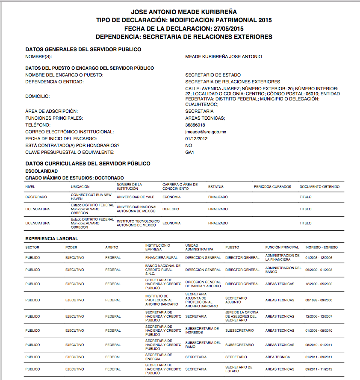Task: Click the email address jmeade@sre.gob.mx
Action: click(x=206, y=132)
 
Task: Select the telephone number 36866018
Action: click(x=195, y=125)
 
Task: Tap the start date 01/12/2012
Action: click(x=196, y=138)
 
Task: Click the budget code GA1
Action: click(x=190, y=152)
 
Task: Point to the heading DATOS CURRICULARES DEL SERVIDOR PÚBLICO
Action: click(x=88, y=163)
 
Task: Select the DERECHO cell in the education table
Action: click(x=171, y=209)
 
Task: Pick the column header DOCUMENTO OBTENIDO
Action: click(x=319, y=186)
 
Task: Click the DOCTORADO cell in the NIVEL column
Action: click(x=36, y=197)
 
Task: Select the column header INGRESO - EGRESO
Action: click(x=322, y=247)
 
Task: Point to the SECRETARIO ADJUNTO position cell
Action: click(x=236, y=300)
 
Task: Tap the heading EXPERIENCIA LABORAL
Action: click(x=51, y=238)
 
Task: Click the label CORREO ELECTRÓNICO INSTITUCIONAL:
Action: click(x=69, y=132)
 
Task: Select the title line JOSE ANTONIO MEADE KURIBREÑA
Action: click(x=184, y=12)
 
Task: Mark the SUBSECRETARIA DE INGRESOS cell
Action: click(x=202, y=330)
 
